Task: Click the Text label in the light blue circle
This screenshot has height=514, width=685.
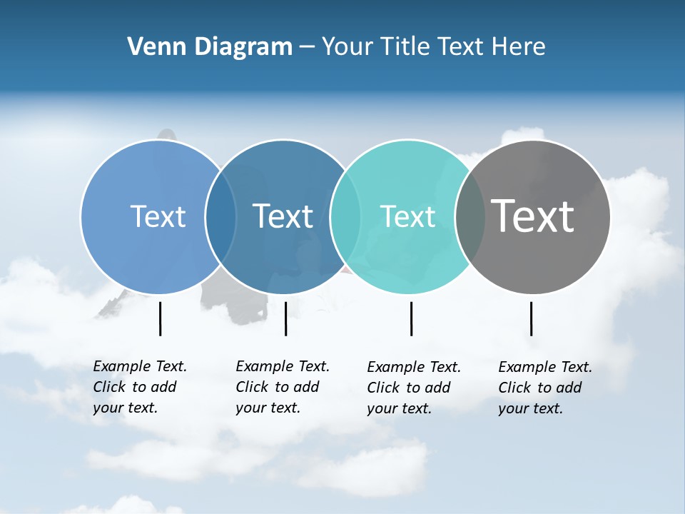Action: (158, 216)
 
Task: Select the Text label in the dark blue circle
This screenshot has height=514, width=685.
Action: (283, 216)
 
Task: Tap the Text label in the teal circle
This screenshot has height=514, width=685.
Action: (407, 216)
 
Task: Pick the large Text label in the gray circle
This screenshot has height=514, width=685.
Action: (532, 216)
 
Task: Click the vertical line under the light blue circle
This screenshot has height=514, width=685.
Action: (160, 318)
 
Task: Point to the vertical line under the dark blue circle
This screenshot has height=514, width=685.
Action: (285, 318)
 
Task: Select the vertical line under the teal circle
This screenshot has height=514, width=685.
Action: (411, 318)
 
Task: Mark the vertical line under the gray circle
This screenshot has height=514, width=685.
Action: (531, 318)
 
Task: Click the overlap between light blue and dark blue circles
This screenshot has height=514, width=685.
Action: (220, 216)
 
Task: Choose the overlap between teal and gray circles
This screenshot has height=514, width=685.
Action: (470, 216)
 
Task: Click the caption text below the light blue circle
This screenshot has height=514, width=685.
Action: (139, 387)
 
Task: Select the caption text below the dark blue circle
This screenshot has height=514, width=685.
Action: (282, 387)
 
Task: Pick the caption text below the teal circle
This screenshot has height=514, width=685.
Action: (413, 388)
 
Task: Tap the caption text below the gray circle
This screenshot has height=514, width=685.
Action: (544, 388)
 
